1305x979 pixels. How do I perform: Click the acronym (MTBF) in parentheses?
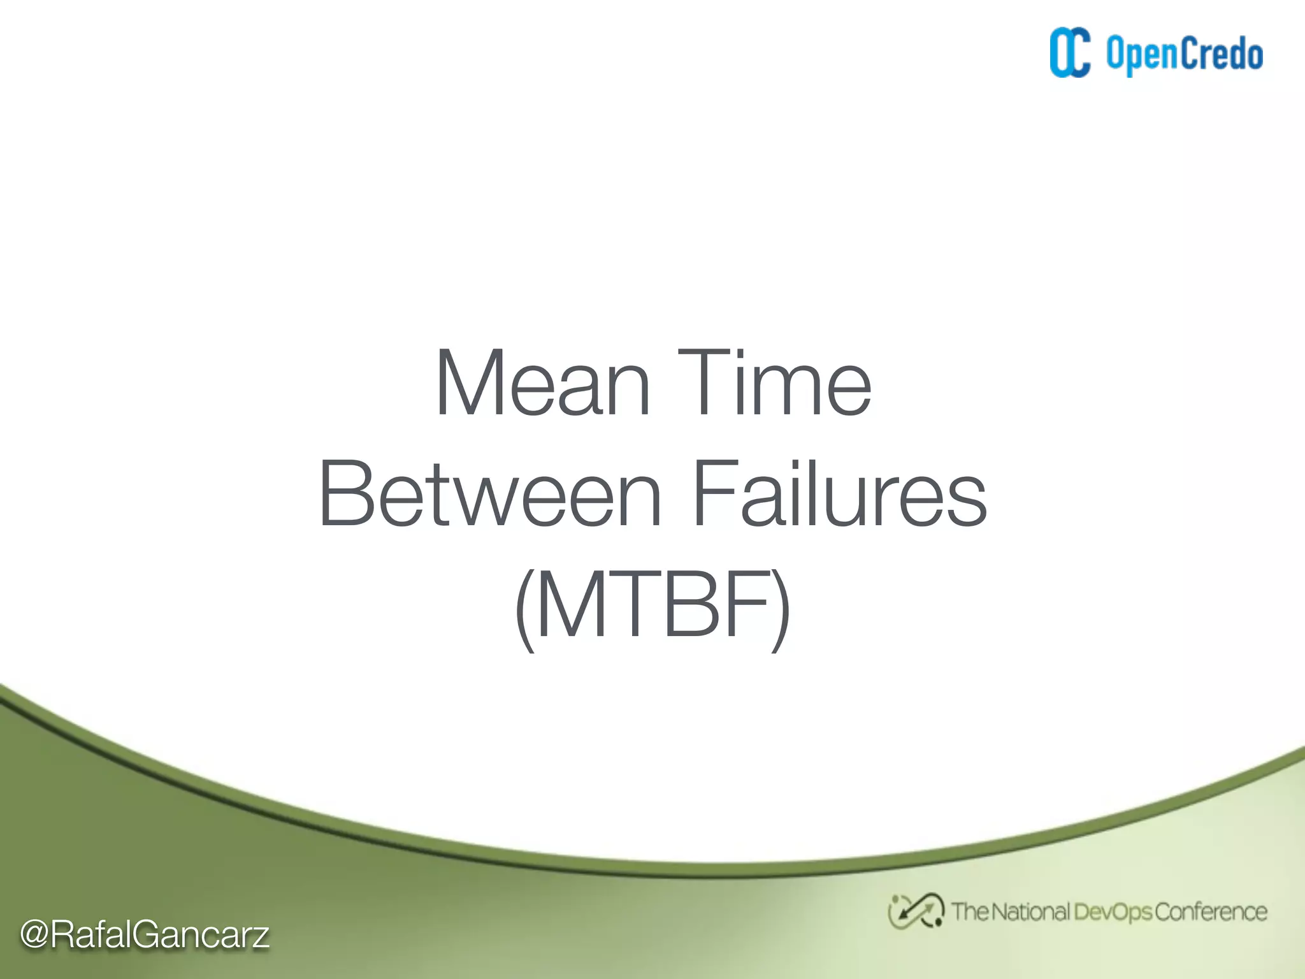[652, 605]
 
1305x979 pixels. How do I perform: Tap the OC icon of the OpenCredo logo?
[1070, 53]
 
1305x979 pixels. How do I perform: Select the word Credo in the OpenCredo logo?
[1223, 54]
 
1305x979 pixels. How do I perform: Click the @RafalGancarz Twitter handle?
[145, 934]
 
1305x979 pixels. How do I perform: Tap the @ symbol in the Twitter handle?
[35, 935]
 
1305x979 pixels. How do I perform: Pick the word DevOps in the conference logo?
[1113, 912]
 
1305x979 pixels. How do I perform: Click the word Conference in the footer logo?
[1210, 912]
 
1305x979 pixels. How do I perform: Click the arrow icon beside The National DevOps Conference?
[916, 911]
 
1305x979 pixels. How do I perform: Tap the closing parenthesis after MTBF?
[781, 609]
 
